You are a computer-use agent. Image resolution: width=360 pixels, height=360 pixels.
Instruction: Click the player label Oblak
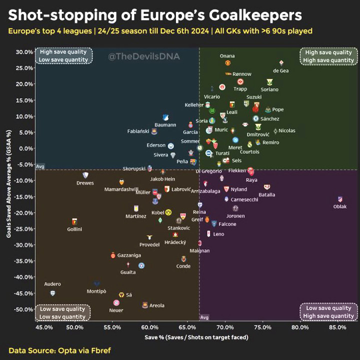(340, 206)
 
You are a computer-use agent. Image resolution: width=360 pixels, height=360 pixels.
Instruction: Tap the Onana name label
(227, 56)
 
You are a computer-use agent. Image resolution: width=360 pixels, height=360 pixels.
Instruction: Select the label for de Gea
(280, 70)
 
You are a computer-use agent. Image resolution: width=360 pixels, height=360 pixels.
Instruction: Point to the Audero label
(52, 284)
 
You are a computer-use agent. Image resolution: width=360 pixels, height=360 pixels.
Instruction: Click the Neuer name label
(116, 310)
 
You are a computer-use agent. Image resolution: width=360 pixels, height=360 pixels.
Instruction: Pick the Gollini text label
(74, 229)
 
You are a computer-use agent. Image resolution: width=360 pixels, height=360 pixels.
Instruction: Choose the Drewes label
(85, 183)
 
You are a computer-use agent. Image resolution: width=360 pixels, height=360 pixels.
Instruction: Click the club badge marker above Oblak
(340, 199)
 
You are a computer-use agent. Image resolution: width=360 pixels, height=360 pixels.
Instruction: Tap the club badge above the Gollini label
(74, 221)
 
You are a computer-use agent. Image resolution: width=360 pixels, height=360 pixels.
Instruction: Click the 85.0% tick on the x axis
(337, 327)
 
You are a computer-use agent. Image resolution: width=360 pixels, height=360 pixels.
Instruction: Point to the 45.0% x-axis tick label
(44, 327)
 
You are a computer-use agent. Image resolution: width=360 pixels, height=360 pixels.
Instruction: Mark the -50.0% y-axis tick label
(23, 309)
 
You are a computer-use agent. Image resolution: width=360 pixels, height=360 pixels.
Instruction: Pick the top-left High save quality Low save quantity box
(63, 56)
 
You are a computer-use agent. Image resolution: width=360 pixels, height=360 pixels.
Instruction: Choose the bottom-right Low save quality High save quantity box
(328, 312)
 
